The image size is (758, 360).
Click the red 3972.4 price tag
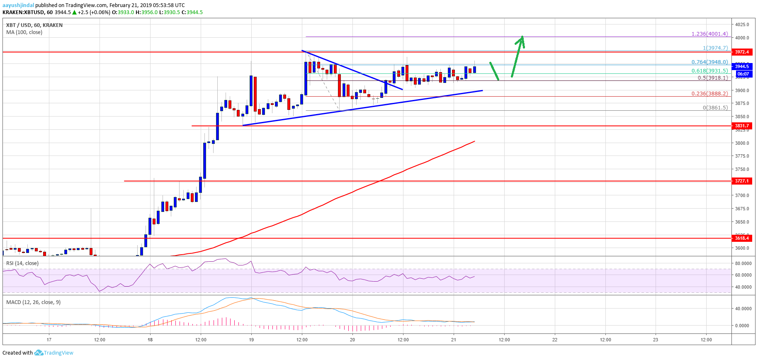[x=742, y=52]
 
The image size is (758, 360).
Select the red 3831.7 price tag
[x=742, y=126]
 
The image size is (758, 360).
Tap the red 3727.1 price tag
[x=742, y=181]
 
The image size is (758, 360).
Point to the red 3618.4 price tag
[x=742, y=238]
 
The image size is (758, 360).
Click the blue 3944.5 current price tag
[x=742, y=66]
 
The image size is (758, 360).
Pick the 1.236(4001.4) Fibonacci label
[x=709, y=34]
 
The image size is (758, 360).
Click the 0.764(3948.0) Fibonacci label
[x=709, y=62]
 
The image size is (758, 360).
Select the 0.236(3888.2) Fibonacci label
[x=709, y=94]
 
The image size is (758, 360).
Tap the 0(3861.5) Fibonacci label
[x=715, y=108]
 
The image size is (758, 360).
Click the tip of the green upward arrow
[x=522, y=36]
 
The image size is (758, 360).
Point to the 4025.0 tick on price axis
[x=742, y=24]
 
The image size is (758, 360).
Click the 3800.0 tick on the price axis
[x=742, y=143]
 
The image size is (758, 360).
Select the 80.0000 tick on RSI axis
[x=743, y=263]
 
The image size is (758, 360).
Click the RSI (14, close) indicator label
[x=22, y=263]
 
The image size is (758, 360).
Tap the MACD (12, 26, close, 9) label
[x=33, y=302]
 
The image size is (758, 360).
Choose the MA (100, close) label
[x=24, y=32]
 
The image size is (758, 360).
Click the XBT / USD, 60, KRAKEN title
[x=34, y=25]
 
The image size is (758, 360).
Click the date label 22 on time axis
[x=555, y=340]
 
